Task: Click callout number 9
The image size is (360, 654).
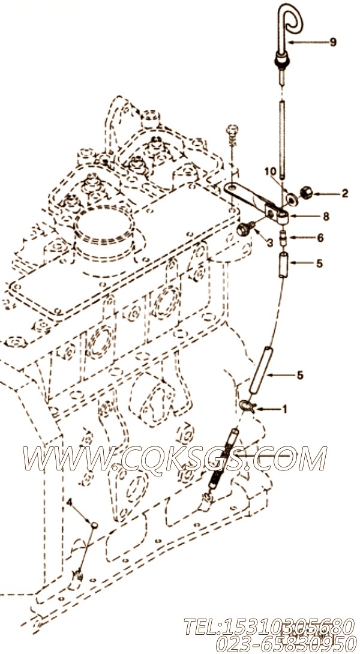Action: (x=332, y=42)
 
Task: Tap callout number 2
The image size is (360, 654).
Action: (x=344, y=193)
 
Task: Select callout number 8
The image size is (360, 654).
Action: (x=326, y=217)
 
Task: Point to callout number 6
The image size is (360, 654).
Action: (x=320, y=238)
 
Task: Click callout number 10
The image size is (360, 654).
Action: (x=271, y=172)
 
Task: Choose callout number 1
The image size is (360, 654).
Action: (x=285, y=410)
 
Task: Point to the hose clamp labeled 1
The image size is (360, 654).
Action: (x=247, y=404)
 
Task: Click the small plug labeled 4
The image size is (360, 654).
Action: (x=95, y=524)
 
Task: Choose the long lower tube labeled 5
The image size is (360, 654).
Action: (x=260, y=371)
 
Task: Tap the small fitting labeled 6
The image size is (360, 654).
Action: (x=283, y=237)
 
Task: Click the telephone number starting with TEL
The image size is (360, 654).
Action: (x=269, y=626)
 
